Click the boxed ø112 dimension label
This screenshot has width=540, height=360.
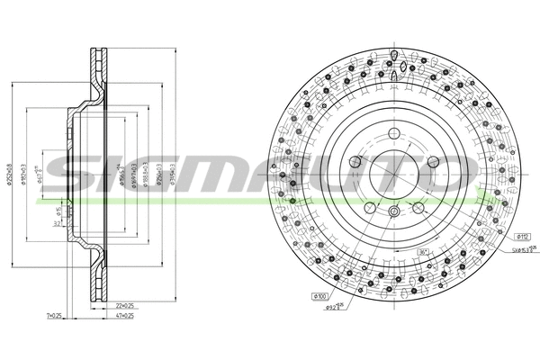pos(520,236)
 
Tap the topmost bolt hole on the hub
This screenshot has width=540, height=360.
pos(393,136)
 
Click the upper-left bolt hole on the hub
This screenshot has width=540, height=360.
pos(355,162)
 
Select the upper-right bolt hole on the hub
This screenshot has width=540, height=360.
pos(432,162)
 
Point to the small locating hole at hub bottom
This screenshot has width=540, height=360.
pos(393,212)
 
